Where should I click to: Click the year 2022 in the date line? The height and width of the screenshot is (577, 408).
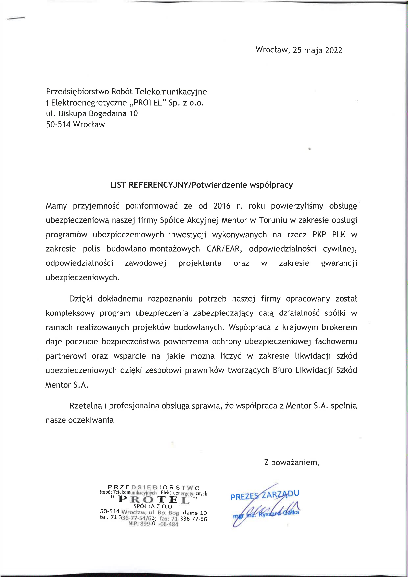(333, 50)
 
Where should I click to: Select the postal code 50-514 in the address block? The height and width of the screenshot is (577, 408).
(58, 125)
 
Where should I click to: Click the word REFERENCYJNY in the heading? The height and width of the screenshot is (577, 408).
(157, 185)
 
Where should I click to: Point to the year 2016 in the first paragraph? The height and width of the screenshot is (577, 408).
(222, 206)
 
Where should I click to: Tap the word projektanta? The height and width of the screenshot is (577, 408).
(200, 263)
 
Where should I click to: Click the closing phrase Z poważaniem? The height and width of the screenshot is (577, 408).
(292, 463)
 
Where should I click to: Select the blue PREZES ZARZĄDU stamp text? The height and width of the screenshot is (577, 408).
(265, 495)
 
